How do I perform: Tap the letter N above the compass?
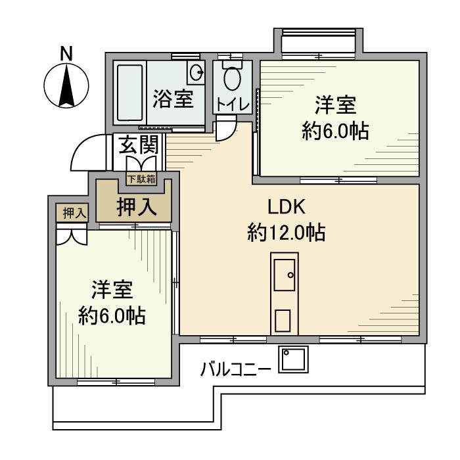click(66, 54)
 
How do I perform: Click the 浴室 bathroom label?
click(173, 100)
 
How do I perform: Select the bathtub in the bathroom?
click(129, 92)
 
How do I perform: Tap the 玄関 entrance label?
click(138, 146)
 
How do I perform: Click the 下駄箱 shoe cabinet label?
click(141, 179)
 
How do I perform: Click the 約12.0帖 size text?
click(287, 233)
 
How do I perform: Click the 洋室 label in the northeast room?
click(335, 105)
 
